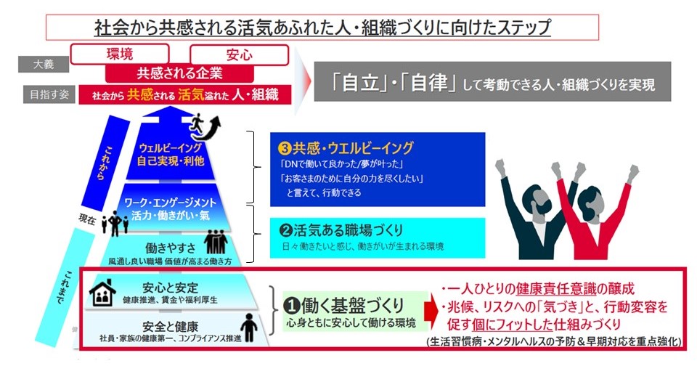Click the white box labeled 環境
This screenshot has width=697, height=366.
[120, 54]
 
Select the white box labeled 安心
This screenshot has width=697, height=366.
[239, 54]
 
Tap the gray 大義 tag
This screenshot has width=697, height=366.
[44, 64]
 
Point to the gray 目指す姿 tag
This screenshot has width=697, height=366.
[49, 94]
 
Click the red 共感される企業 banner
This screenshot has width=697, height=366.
[179, 73]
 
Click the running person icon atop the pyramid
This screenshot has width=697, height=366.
[197, 126]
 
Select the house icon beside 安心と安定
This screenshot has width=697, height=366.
[102, 293]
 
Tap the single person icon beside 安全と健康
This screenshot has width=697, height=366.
[248, 328]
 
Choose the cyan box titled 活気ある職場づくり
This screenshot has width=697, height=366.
[378, 238]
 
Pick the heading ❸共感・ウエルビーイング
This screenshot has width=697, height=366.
[346, 148]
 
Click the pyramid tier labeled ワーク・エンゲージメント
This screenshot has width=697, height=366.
[170, 207]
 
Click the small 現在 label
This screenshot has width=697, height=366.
[87, 219]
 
